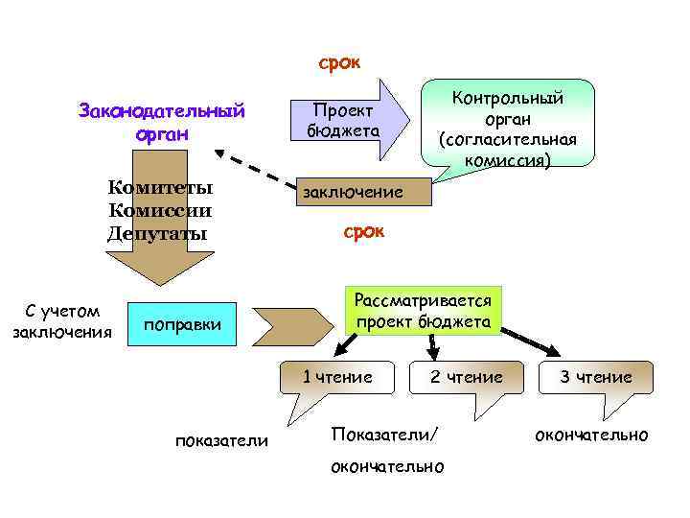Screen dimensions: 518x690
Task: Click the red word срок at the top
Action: pos(339,63)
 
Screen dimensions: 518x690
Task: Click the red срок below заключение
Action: pos(363,232)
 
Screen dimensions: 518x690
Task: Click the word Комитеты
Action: pos(160,187)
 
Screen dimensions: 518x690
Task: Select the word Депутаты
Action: pos(158,233)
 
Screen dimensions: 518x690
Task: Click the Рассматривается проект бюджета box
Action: pos(422,311)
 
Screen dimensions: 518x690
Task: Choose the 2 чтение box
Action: pos(466,377)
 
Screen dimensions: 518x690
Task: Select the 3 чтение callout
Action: pos(595,377)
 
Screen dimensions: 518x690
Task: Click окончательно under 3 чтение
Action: pos(591,436)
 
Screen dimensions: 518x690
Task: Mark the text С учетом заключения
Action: pos(61,321)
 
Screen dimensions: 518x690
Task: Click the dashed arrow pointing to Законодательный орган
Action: pos(259,169)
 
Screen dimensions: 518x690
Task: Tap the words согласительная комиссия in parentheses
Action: pos(508,150)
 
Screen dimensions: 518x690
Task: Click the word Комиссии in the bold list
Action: pos(160,210)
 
